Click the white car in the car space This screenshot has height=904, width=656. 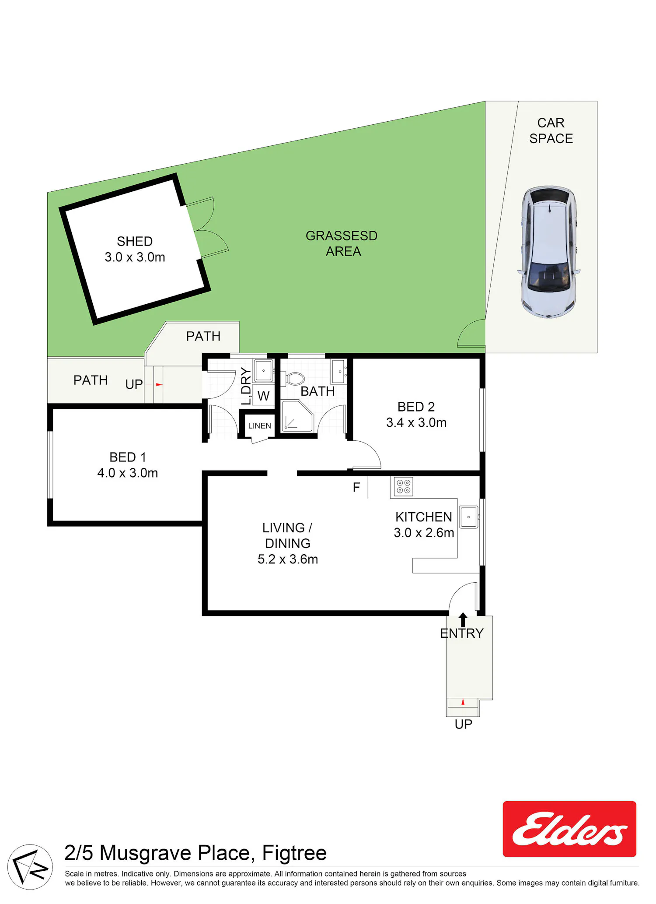point(549,252)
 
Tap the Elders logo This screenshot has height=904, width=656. point(569,829)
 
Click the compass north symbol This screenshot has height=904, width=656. point(30,867)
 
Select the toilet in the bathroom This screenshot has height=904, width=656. point(294,379)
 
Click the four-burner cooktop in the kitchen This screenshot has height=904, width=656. point(403,487)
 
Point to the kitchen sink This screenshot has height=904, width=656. point(468,517)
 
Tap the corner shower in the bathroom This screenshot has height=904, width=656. point(297,416)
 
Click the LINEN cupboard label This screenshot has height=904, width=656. point(260,426)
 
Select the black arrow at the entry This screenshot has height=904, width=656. point(463,619)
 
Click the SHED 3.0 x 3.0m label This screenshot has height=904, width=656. point(135,249)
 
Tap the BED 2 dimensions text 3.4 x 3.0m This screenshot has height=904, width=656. point(416,422)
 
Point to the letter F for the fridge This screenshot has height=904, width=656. point(356,487)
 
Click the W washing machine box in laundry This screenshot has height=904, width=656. point(263,395)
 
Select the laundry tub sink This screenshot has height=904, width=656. point(263,371)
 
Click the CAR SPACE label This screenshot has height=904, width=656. point(551,130)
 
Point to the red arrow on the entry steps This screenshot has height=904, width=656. point(463,702)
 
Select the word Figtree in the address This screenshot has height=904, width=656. point(294,853)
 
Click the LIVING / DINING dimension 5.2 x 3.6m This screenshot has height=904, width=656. point(288,559)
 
